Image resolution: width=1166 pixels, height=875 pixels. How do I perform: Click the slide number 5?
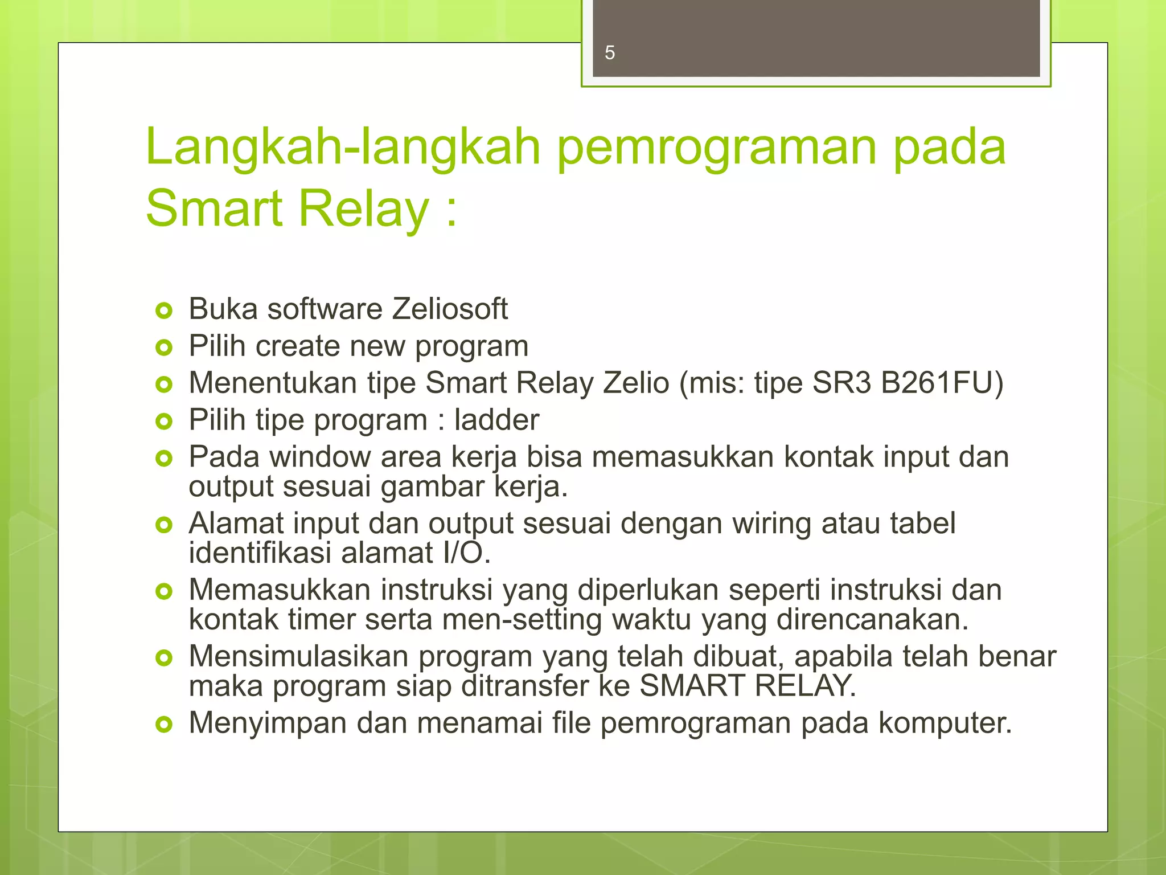[x=610, y=53]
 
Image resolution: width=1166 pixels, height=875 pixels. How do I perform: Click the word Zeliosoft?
[x=449, y=309]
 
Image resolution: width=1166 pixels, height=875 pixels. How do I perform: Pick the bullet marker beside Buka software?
[x=163, y=311]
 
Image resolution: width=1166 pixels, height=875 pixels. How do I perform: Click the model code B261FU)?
[x=942, y=382]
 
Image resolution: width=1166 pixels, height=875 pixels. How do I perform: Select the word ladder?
[x=496, y=420]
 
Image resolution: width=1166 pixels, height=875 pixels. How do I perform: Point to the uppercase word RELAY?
[x=805, y=686]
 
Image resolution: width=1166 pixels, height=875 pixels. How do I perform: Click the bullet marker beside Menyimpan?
[x=163, y=725]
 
